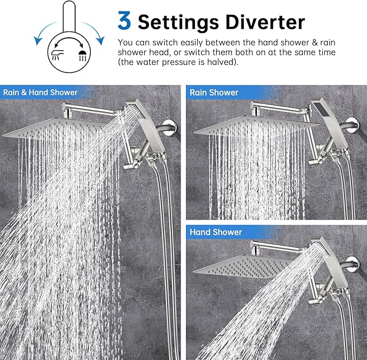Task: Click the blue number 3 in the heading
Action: (124, 21)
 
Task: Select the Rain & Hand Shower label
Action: (41, 92)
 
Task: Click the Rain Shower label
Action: (213, 92)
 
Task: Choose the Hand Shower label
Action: (216, 232)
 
